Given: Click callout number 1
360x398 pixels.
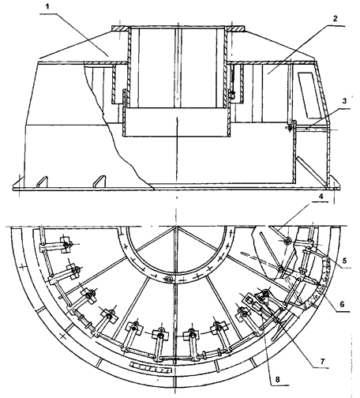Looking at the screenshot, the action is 47,6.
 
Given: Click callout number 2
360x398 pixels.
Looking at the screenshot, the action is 335,19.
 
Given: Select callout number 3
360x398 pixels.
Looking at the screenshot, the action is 344,101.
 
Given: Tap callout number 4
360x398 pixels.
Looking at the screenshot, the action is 321,196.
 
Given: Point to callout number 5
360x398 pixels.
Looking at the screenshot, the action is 344,261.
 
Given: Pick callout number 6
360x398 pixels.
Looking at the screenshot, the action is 342,304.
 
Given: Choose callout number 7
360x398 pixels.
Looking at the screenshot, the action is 323,361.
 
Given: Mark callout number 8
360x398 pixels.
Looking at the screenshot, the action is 277,380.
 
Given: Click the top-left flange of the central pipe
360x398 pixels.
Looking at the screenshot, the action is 120,28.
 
